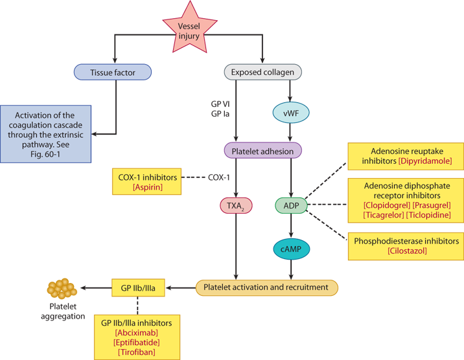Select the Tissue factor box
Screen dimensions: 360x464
(113, 73)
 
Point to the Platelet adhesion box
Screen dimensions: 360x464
(262, 151)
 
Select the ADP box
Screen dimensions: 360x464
(288, 205)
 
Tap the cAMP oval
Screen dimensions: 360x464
(290, 249)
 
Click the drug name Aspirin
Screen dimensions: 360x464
(147, 187)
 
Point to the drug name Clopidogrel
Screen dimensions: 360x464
(382, 205)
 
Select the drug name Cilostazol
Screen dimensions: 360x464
(407, 251)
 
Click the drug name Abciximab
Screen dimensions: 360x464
(136, 332)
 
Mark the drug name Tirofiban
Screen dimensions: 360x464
(136, 352)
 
